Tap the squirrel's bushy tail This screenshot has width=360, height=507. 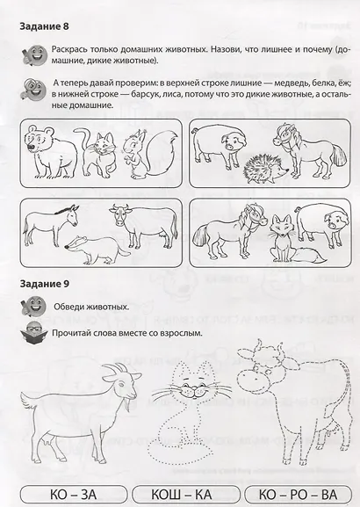[155, 148]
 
